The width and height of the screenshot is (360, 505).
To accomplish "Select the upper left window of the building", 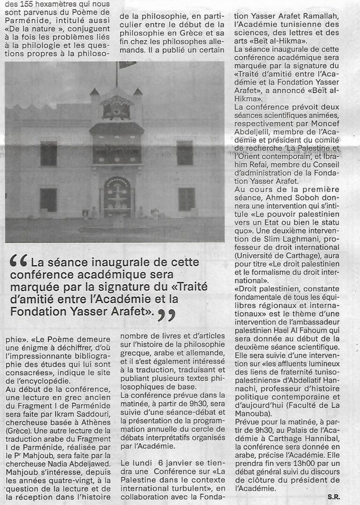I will point(48,153).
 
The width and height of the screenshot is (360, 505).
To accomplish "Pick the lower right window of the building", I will point(186,199).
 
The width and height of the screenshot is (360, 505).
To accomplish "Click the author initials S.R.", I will point(334,496).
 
